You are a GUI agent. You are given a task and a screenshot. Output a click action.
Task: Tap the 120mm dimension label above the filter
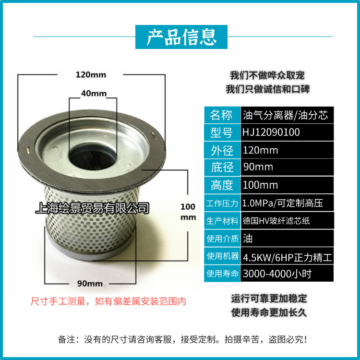click(x=91, y=74)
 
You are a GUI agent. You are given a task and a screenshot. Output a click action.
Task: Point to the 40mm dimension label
click(x=93, y=94)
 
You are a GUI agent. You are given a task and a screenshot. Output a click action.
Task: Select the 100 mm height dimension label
click(x=188, y=212)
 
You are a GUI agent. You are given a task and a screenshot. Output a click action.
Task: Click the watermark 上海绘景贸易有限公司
click(x=93, y=208)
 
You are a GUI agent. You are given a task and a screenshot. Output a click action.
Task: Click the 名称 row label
click(x=221, y=115)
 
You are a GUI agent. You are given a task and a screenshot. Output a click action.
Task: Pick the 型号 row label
click(x=221, y=132)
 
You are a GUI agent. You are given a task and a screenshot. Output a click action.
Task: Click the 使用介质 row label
click(x=222, y=239)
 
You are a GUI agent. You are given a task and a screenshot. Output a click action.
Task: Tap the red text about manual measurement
click(x=108, y=301)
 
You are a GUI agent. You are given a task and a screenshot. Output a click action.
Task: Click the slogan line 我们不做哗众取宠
click(x=267, y=75)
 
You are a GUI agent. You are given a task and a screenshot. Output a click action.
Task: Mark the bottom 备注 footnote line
click(x=182, y=339)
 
